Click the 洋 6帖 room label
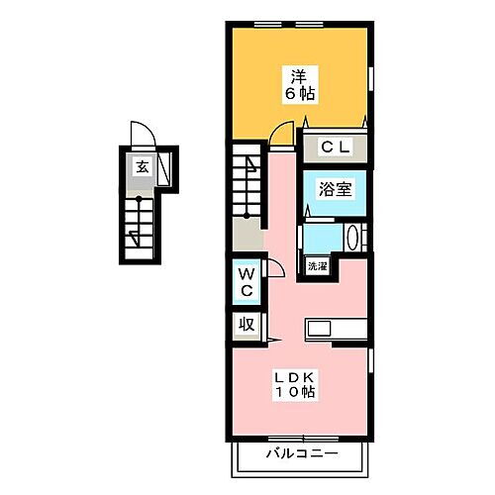pyautogui.click(x=297, y=82)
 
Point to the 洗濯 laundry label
pyautogui.click(x=316, y=267)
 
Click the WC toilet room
pyautogui.click(x=245, y=282)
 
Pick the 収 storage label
pyautogui.click(x=244, y=324)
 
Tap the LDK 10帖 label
pyautogui.click(x=296, y=385)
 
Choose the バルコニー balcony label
pyautogui.click(x=301, y=454)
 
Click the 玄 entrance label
pyautogui.click(x=143, y=167)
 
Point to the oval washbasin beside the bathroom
pyautogui.click(x=356, y=238)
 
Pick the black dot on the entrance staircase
pyautogui.click(x=140, y=199)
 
